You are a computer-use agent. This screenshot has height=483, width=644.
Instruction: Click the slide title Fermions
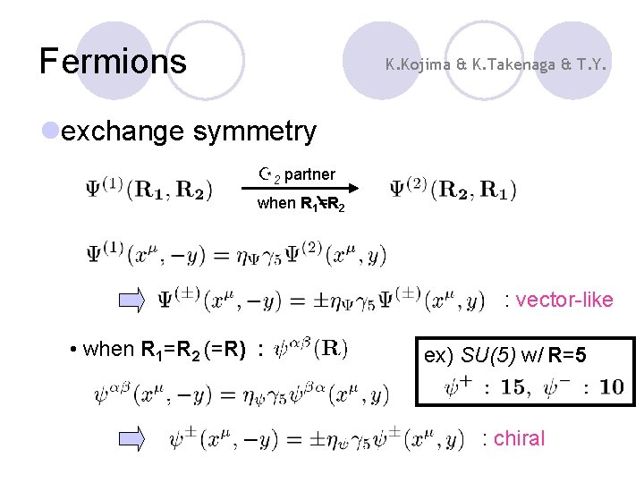pyautogui.click(x=113, y=61)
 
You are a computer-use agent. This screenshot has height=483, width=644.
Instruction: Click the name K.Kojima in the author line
pyautogui.click(x=417, y=64)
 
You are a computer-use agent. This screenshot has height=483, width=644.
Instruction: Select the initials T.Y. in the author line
pyautogui.click(x=589, y=64)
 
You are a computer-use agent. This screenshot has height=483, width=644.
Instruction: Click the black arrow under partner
pyautogui.click(x=300, y=188)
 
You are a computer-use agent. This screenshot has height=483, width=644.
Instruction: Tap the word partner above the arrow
pyautogui.click(x=309, y=174)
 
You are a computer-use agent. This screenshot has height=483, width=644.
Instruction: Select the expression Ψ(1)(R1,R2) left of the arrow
pyautogui.click(x=148, y=190)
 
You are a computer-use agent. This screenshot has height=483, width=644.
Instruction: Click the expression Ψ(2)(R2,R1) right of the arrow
pyautogui.click(x=453, y=190)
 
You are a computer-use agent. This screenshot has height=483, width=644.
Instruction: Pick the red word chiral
pyautogui.click(x=519, y=438)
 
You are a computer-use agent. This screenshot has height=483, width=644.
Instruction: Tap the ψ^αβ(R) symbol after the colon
pyautogui.click(x=309, y=347)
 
